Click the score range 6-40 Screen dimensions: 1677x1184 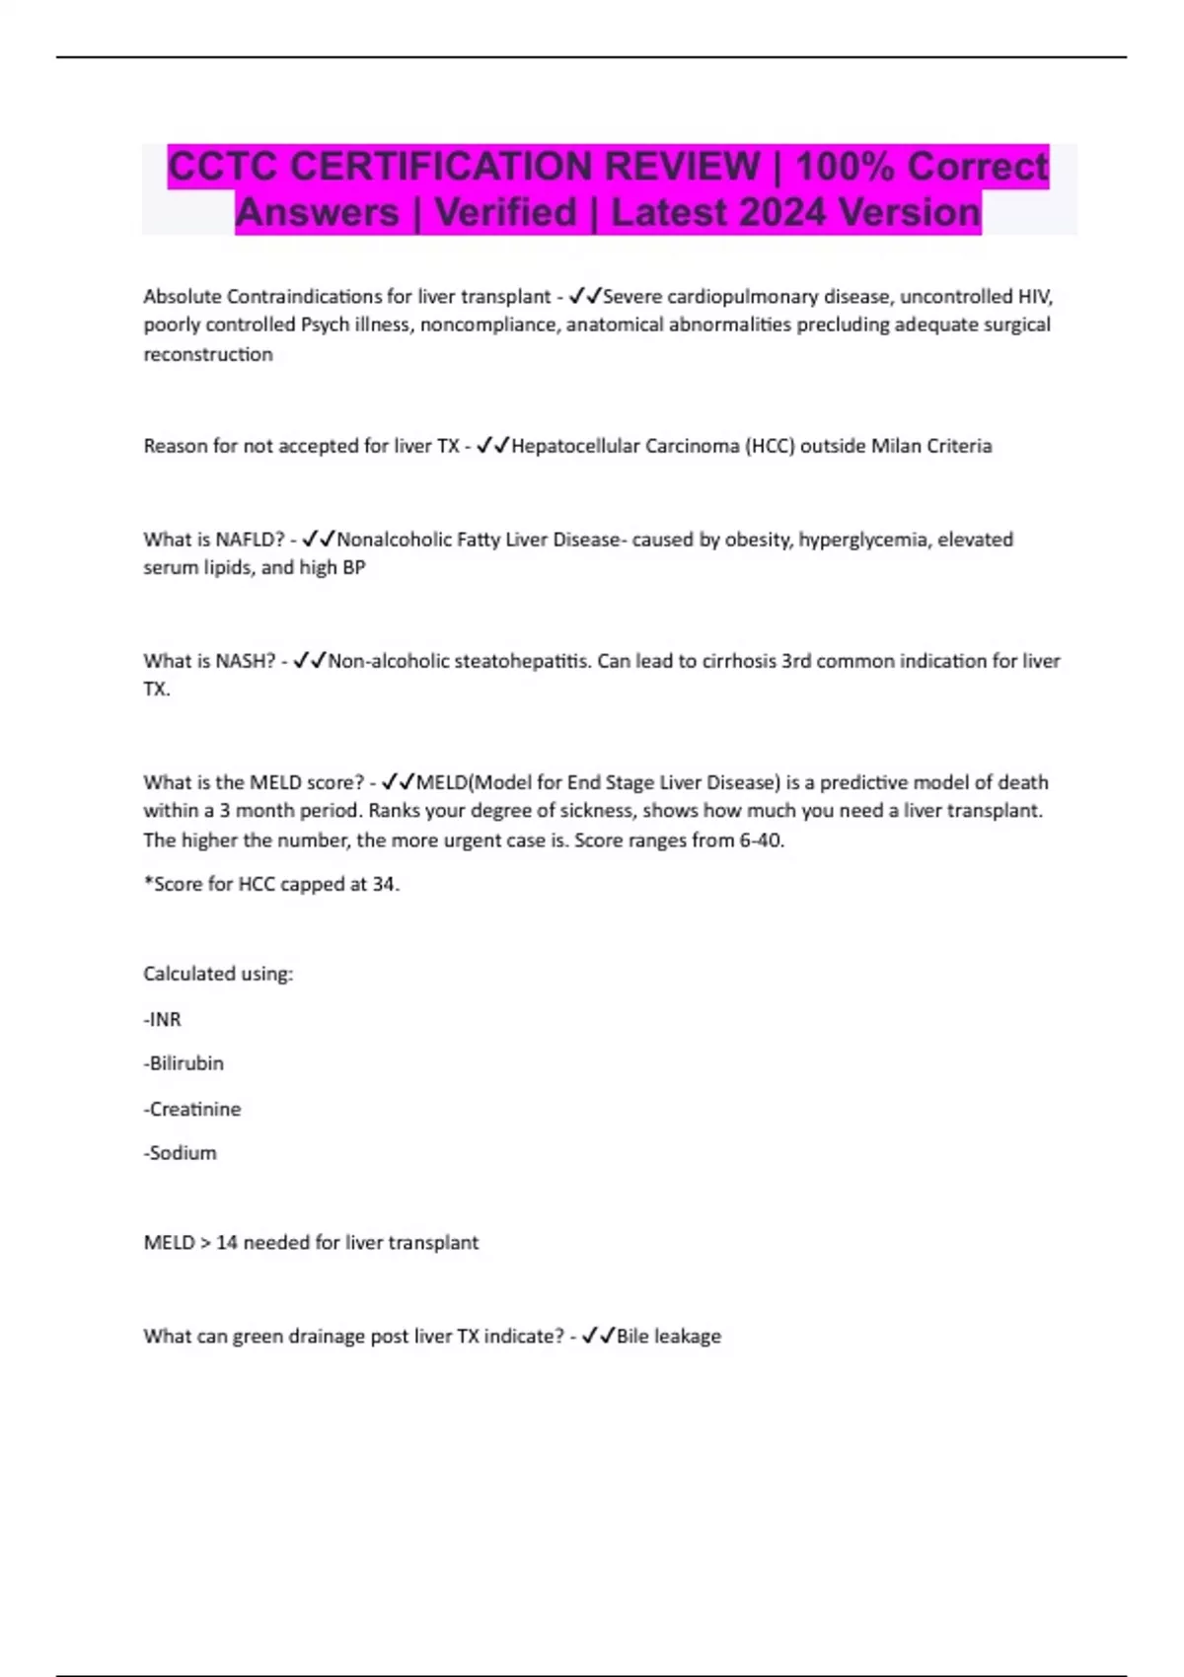tap(761, 840)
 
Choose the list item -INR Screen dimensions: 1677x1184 tap(163, 1019)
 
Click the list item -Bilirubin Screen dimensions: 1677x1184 tap(184, 1063)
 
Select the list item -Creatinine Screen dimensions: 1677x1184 tap(192, 1109)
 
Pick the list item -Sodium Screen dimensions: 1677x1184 tap(181, 1152)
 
